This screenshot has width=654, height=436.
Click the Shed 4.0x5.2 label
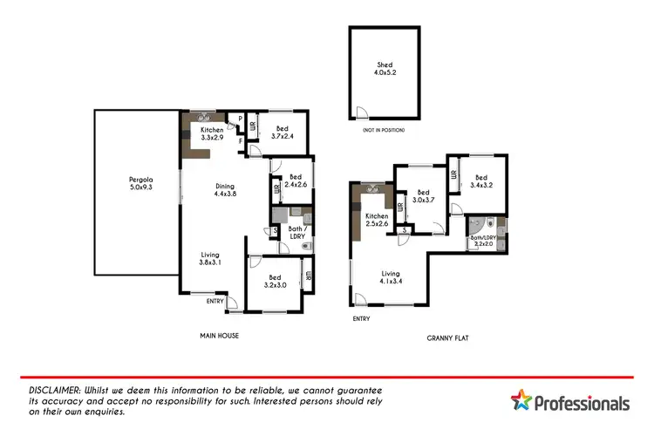tap(385, 68)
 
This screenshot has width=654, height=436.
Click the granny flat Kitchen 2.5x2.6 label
tap(377, 220)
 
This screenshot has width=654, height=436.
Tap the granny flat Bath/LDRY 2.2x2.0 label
tap(482, 242)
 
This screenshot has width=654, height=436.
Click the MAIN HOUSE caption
tap(218, 336)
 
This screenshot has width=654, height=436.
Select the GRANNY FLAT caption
tap(449, 336)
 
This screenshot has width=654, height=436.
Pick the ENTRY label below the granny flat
tap(361, 318)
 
